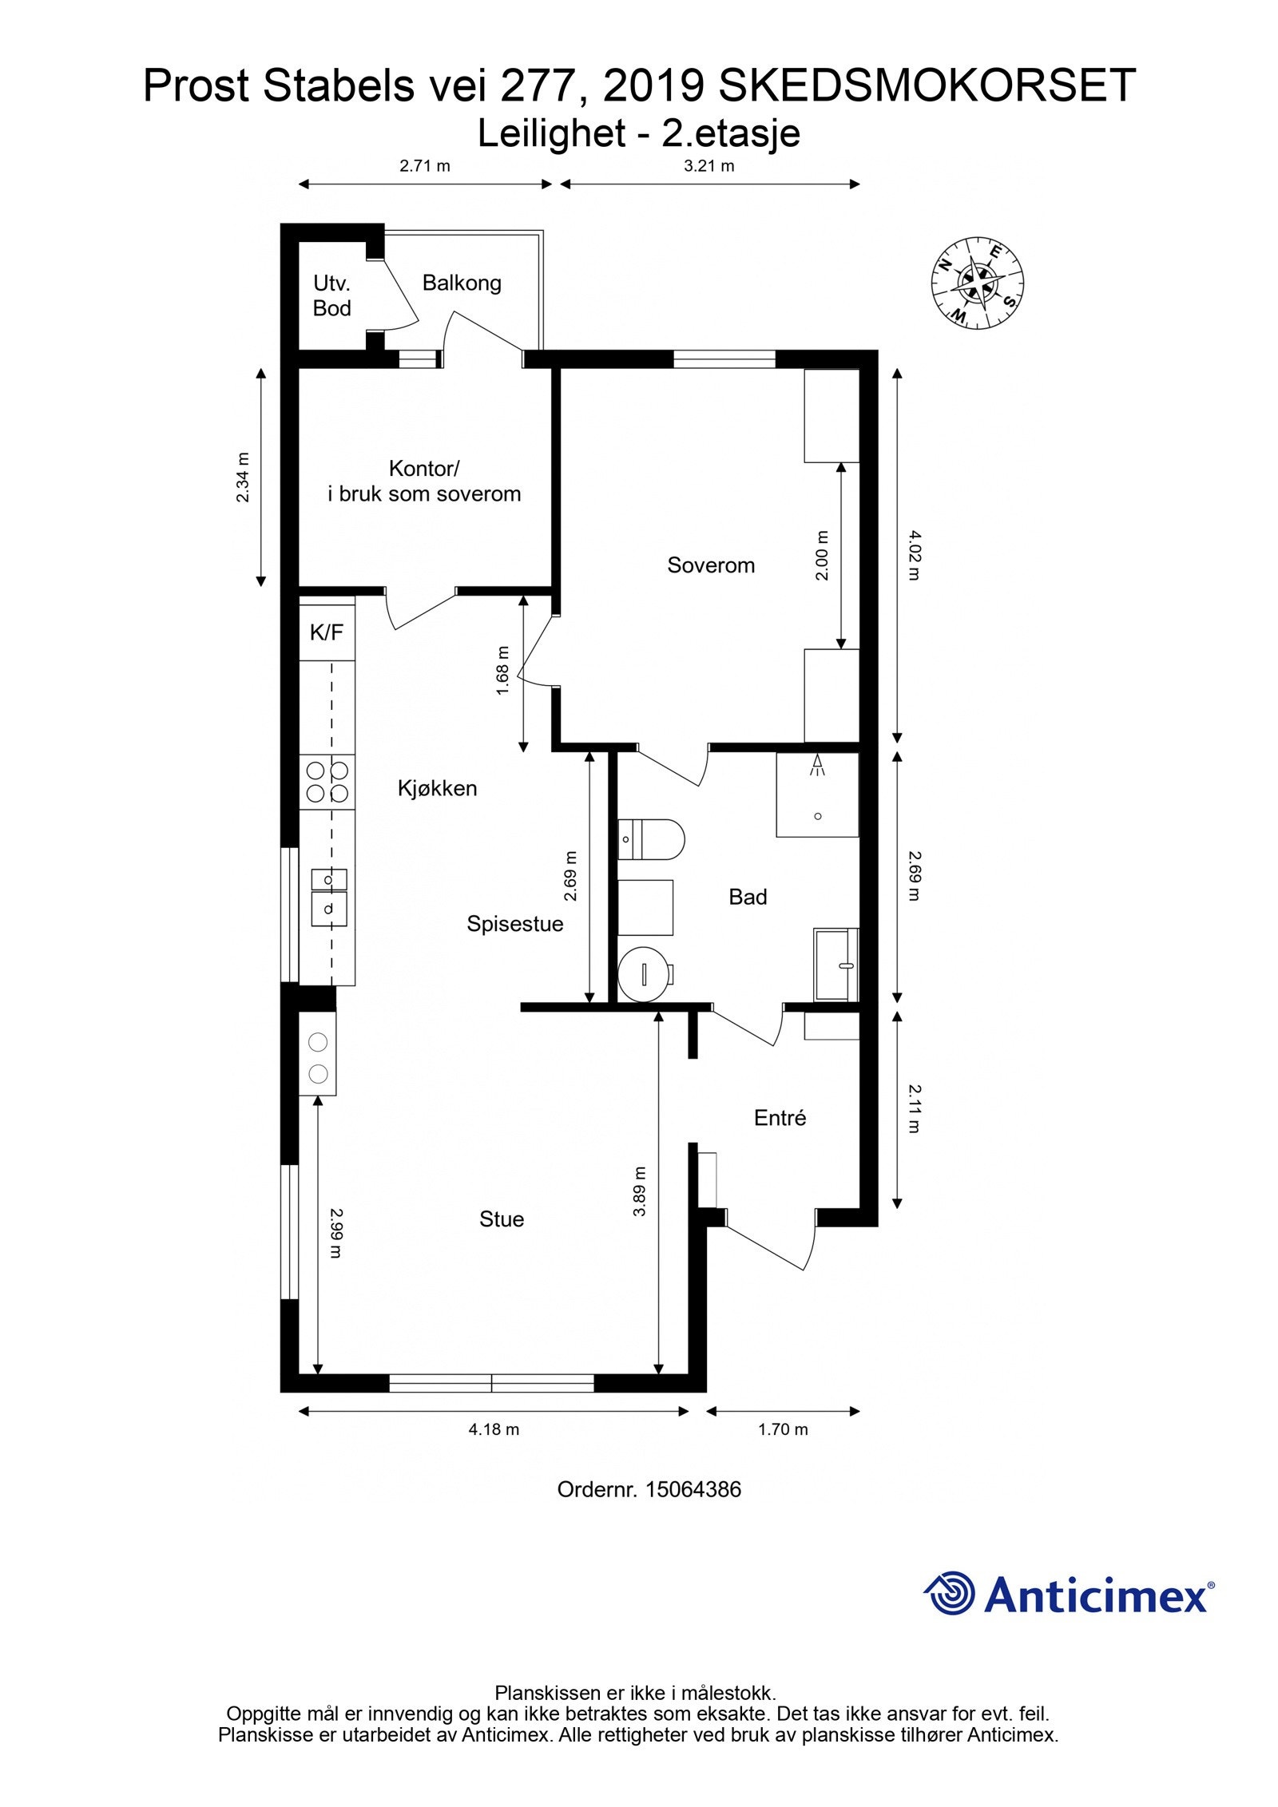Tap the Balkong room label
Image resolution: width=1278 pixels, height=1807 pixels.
tap(462, 283)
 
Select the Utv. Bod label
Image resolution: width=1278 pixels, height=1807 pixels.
tap(331, 295)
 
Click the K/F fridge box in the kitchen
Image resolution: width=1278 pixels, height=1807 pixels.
tap(327, 633)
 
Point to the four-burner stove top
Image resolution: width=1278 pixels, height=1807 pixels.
tap(327, 782)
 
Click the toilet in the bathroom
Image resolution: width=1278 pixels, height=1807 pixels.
tap(651, 838)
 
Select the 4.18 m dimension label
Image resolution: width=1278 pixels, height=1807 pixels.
tap(494, 1429)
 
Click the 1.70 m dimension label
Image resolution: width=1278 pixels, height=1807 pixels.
tap(783, 1429)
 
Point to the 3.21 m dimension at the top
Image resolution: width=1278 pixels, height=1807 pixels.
tap(709, 166)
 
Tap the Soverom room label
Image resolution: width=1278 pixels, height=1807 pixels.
tap(711, 565)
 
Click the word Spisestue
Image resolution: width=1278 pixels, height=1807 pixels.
tap(515, 924)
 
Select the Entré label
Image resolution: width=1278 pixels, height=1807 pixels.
tap(780, 1118)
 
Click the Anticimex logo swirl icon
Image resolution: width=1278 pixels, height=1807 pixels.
tap(951, 1593)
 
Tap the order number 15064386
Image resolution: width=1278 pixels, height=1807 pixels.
tap(693, 1489)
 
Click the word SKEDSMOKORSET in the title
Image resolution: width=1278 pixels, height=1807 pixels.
tap(927, 85)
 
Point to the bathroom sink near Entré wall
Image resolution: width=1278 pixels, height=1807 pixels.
tap(835, 964)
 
